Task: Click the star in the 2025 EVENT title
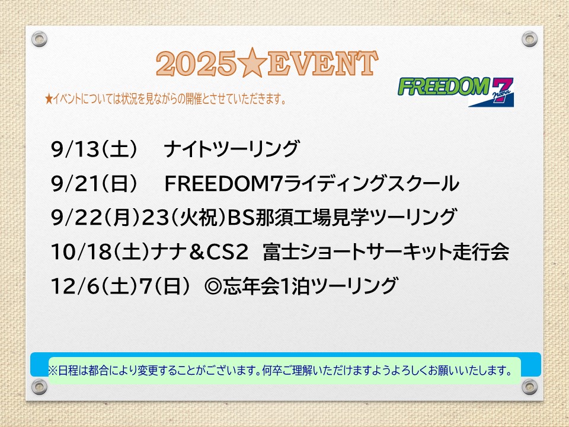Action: click(252, 63)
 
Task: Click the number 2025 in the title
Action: click(196, 63)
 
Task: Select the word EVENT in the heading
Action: click(322, 63)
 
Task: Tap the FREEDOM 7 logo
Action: click(456, 91)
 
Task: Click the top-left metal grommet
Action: click(39, 39)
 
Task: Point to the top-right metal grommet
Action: click(529, 39)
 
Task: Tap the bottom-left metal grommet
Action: click(39, 387)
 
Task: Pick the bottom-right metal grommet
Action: click(529, 387)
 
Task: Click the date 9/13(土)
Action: click(94, 149)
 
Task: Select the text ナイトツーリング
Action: click(232, 149)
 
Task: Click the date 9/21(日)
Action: click(94, 183)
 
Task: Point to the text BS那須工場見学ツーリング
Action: click(342, 217)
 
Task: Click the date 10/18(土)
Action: click(100, 251)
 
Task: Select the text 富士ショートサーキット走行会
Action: click(386, 251)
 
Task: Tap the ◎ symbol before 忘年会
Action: click(213, 286)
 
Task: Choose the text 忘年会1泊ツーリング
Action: click(311, 286)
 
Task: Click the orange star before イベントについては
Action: click(49, 98)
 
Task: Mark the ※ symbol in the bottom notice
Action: click(53, 371)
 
